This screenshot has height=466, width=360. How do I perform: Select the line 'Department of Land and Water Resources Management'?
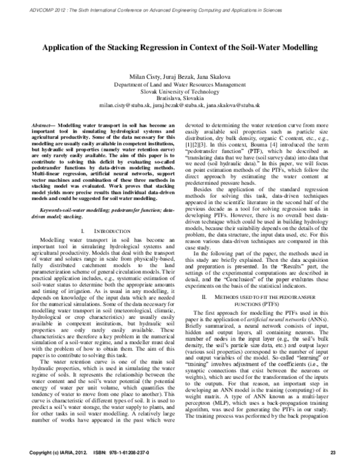pyautogui.click(x=179, y=85)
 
